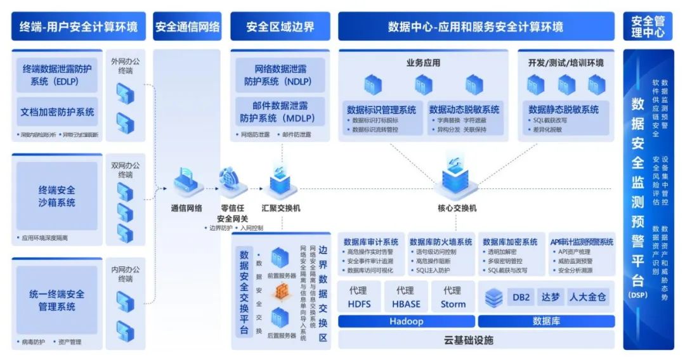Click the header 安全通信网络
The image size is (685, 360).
[x=187, y=27]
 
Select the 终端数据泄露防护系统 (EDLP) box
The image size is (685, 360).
[x=57, y=75]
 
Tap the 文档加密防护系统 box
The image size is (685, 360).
[x=57, y=112]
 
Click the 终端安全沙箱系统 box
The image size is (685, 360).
[x=57, y=196]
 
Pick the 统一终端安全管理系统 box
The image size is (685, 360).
[x=57, y=300]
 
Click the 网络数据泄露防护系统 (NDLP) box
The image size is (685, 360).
[x=280, y=75]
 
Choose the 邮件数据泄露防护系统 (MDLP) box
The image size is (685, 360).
[x=280, y=112]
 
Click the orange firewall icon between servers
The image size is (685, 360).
[x=282, y=291]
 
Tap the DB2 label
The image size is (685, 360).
[x=521, y=297]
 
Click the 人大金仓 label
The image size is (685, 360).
[x=587, y=297]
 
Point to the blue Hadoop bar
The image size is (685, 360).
[x=406, y=321]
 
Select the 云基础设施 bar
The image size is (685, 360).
[x=476, y=340]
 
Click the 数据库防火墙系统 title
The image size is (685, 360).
[x=440, y=241]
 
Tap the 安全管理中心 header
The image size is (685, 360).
[x=648, y=27]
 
